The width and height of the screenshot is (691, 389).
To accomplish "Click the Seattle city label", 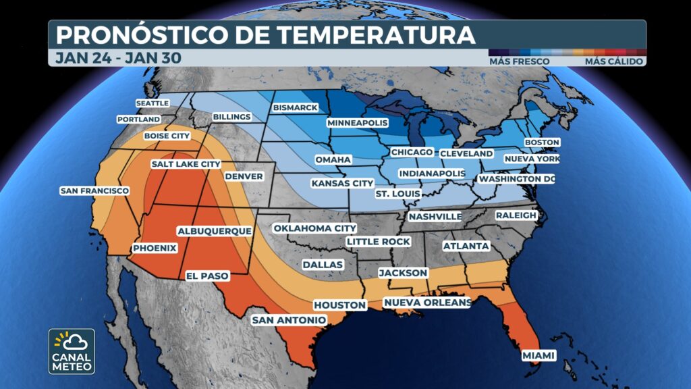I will pos(153,103).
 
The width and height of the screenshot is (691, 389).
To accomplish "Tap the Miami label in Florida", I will pos(539,355).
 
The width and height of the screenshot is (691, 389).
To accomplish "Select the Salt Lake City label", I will pos(186,164).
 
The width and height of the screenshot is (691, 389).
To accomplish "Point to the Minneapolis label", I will pos(358,123).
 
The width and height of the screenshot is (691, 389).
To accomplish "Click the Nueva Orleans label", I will pos(426,303).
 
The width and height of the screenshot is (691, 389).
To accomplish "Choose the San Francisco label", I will pos(94,191).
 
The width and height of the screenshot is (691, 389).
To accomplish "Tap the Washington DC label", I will pos(516,179).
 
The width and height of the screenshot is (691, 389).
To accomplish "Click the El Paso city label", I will pos(207,276).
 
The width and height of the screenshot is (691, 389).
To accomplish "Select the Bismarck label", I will pos(295,108).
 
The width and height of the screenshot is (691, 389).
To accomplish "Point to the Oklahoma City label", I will pos(314,228).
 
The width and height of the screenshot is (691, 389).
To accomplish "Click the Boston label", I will pos(543,142).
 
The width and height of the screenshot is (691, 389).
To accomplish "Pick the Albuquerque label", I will pos(214,231).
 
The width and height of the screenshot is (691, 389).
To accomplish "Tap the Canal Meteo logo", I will pos(72,351).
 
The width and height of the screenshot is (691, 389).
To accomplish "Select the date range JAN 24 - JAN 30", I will pos(118,58).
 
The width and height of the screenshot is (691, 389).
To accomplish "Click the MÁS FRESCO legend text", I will pos(520,61).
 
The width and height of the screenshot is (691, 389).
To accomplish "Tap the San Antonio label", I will pos(289,319).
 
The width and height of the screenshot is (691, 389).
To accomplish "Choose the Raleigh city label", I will pos(516,215).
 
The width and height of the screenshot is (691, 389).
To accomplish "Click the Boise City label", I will pos(168,136).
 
